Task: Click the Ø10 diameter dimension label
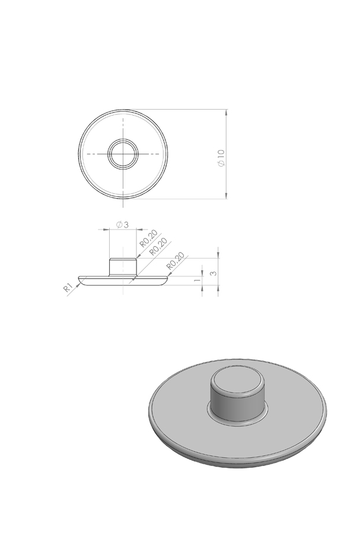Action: tap(221, 157)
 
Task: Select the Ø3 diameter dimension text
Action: tap(122, 224)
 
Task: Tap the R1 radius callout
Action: tap(69, 288)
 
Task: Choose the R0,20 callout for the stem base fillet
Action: tap(158, 247)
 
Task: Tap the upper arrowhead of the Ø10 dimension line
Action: tap(227, 113)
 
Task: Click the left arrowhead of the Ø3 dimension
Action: tap(113, 230)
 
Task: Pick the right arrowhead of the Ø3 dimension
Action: tap(135, 230)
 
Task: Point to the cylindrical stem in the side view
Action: tap(123, 266)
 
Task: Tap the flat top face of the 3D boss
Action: tap(238, 380)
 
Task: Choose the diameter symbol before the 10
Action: tap(221, 164)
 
